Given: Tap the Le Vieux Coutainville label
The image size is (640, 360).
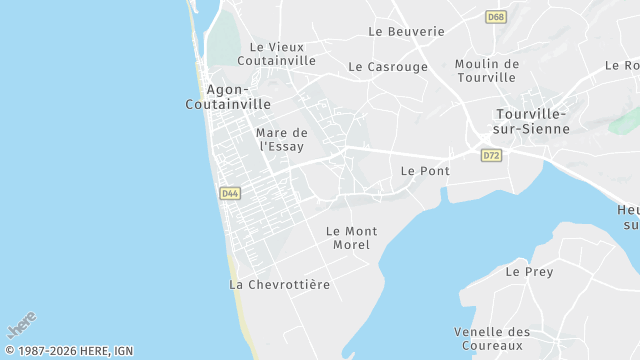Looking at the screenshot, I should click(x=282, y=53).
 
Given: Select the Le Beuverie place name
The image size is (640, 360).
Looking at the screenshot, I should click(x=406, y=31).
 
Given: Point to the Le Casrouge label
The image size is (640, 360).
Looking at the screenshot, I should click(x=388, y=67).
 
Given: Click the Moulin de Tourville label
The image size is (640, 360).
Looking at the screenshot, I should click(x=487, y=71).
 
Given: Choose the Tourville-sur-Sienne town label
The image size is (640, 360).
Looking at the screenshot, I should click(x=532, y=121).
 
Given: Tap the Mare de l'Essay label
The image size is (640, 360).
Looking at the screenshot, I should click(x=282, y=139).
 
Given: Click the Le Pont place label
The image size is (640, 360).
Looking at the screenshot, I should click(x=425, y=171).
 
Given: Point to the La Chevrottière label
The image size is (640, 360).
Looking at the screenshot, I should click(x=280, y=285).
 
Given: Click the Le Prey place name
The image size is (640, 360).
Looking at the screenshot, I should click(x=529, y=271).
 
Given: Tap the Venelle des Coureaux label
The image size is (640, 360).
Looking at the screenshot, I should click(x=492, y=339).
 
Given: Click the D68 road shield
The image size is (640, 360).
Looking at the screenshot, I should click(x=495, y=17).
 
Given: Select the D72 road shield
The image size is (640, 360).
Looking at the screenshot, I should click(x=491, y=156).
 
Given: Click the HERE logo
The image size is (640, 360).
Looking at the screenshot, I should click(x=22, y=325).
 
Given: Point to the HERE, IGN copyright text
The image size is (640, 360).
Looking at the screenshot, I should click(x=69, y=351).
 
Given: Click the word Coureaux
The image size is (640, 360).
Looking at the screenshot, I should click(x=492, y=346).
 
